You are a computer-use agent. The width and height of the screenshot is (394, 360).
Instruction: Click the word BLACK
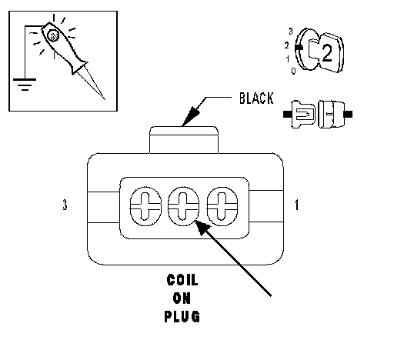[x=256, y=98]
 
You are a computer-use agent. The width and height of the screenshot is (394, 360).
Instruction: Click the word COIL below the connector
[x=182, y=280]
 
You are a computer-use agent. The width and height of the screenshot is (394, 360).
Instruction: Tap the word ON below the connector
[x=182, y=298]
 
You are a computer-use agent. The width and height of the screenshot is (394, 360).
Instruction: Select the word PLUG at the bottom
[x=182, y=316]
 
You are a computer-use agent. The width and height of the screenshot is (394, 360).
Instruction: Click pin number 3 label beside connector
[x=65, y=205]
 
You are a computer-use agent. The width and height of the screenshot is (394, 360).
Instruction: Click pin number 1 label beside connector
[x=297, y=205]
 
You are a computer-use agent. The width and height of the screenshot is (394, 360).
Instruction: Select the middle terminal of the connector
[x=183, y=206]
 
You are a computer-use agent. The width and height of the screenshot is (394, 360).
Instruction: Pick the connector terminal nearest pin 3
[x=145, y=206]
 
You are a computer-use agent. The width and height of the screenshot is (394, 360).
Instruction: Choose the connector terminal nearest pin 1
[x=222, y=206]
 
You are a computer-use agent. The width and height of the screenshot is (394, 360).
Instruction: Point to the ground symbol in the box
[x=25, y=85]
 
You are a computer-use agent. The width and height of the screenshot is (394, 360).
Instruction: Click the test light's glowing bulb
[x=54, y=35]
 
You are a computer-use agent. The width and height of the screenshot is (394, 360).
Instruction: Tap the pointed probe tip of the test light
[x=105, y=99]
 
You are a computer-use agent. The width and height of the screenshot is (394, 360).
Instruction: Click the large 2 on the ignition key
[x=327, y=53]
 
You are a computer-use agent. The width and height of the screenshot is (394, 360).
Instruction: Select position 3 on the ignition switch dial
[x=291, y=32]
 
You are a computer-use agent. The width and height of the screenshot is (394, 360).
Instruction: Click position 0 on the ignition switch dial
[x=294, y=71]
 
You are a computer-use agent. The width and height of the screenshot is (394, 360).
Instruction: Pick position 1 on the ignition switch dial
[x=288, y=59]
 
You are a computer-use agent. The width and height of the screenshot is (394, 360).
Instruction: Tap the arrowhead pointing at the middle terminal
[x=202, y=227]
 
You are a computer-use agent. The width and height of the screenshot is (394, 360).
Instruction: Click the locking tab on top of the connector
[x=184, y=140]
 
